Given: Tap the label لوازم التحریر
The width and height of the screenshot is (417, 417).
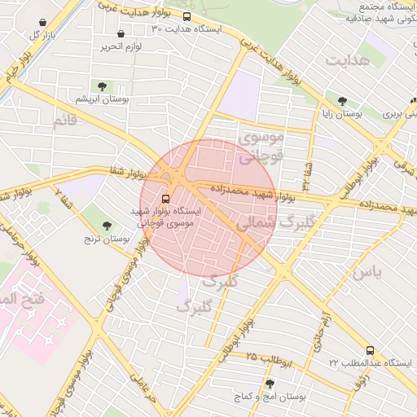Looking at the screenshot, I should coord(121,47).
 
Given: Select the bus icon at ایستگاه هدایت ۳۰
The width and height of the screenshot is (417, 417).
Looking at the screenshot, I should coord(187,16).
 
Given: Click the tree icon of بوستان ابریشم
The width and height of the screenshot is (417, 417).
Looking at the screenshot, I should coord(102,86).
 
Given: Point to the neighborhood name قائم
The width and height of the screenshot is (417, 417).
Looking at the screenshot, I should coord(64,121).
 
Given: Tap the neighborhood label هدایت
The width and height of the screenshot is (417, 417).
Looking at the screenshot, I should coord(348,60).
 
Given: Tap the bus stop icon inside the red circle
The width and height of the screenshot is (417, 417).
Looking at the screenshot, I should coord(166,198).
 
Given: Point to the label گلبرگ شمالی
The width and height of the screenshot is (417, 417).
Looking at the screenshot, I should coord(268,222).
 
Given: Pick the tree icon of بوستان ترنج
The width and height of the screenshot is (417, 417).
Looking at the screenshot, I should coord(108,225).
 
